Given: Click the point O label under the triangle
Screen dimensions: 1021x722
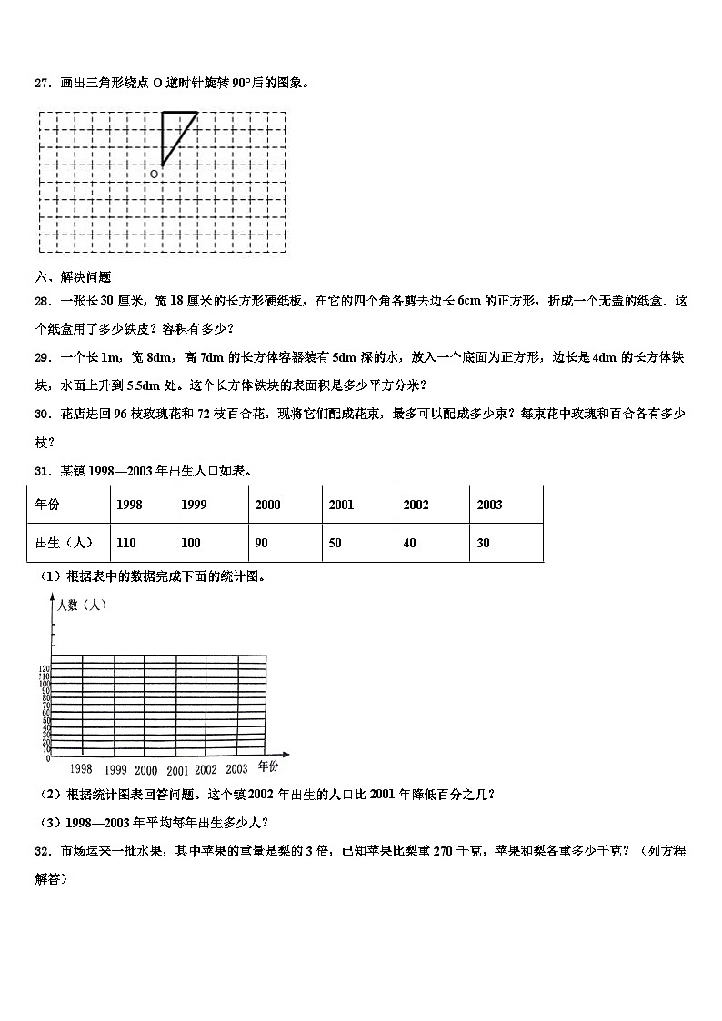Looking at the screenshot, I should coord(154,173).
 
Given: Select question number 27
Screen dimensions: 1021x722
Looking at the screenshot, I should coord(42,83).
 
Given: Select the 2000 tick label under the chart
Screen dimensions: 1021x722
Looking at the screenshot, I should coord(145,770).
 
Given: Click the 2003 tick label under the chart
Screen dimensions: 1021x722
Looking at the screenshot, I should coord(236,768).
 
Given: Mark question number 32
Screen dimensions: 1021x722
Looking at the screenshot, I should coord(42,851).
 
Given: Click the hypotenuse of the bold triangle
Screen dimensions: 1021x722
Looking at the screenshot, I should coord(180,138).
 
